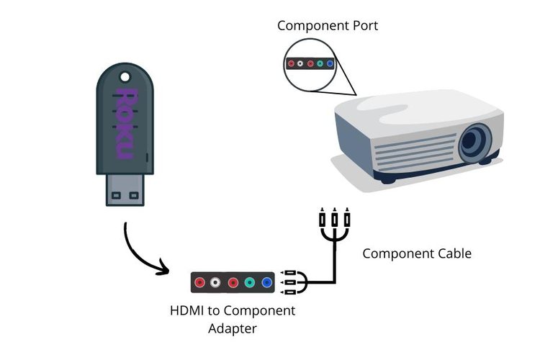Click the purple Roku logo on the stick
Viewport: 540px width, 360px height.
(x=124, y=124)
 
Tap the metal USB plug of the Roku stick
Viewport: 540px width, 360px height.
(x=125, y=190)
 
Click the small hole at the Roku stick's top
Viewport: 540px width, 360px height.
(x=125, y=75)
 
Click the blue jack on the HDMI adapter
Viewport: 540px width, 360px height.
(x=269, y=283)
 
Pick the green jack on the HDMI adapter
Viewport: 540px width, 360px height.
(x=250, y=283)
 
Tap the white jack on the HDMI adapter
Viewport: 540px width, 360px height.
(x=215, y=283)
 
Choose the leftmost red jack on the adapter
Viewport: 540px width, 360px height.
(x=199, y=283)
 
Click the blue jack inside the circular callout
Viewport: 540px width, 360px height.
(x=330, y=63)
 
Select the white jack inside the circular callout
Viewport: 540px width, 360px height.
(x=301, y=63)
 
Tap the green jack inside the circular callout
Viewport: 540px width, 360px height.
(x=320, y=63)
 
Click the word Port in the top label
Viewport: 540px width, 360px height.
(x=363, y=26)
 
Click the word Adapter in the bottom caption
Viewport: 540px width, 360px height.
(x=232, y=329)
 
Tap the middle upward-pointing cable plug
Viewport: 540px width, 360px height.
(x=334, y=217)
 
